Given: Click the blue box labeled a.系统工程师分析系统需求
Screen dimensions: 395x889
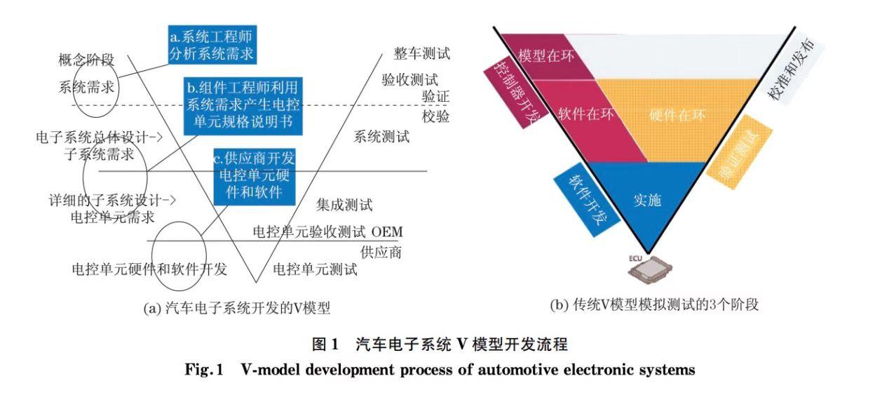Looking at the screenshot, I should [x=210, y=45].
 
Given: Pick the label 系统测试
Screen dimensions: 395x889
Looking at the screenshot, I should [x=381, y=137].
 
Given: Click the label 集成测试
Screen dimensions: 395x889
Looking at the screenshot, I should [x=344, y=205].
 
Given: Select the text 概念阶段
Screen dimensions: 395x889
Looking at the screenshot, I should [x=86, y=60].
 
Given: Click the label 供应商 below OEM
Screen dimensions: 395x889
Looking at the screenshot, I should [x=381, y=252].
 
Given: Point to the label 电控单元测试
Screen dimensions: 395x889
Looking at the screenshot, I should [x=315, y=269].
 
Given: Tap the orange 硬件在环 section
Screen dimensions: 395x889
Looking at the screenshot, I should [x=677, y=115].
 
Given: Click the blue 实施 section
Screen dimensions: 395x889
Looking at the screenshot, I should [x=647, y=200].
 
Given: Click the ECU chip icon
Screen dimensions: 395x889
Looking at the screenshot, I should [x=647, y=267].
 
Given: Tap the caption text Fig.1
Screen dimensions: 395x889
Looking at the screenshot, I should [x=203, y=370].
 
